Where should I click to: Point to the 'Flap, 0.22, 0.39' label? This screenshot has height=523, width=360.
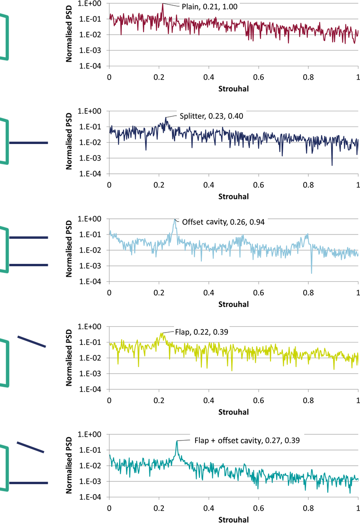pos(202,332)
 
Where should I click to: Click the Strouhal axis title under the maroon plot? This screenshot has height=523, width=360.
pos(234,88)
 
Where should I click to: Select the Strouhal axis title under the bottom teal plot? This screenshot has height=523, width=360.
pos(234,519)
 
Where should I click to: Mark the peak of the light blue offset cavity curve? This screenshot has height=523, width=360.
pos(175,219)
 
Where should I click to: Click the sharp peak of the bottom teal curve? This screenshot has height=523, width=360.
pos(177,441)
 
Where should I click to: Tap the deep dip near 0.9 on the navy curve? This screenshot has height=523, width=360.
pos(332,165)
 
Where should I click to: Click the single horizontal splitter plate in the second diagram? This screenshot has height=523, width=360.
pos(28,143)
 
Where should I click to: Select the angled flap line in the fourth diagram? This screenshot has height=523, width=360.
pos(32,342)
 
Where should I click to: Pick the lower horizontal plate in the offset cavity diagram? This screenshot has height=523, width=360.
pos(28,265)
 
